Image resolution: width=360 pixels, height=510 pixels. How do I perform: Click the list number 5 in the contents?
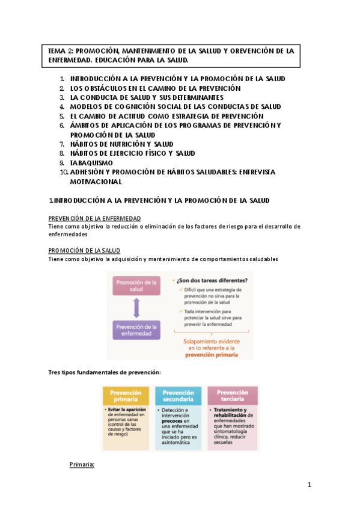click(x=62, y=116)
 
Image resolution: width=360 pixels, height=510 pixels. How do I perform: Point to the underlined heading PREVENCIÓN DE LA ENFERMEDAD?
click(x=94, y=218)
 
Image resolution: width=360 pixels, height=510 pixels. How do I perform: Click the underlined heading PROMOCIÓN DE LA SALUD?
click(x=84, y=250)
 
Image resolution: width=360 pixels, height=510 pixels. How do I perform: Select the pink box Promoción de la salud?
click(x=136, y=286)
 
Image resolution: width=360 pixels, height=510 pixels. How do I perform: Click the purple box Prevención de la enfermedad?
click(x=136, y=330)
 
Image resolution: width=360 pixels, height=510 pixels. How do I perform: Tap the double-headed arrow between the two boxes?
click(x=136, y=308)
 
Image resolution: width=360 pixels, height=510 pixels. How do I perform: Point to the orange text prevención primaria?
click(x=212, y=355)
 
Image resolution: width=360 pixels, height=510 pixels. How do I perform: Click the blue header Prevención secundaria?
click(x=178, y=395)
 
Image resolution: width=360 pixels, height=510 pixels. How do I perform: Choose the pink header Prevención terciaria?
click(x=232, y=395)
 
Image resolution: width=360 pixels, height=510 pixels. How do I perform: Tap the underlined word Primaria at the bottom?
click(x=82, y=465)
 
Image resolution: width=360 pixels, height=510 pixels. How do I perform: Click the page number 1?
click(x=310, y=484)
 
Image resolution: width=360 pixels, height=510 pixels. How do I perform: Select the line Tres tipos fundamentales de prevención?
click(x=104, y=373)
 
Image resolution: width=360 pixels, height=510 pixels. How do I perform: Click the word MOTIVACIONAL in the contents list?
click(x=96, y=181)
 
